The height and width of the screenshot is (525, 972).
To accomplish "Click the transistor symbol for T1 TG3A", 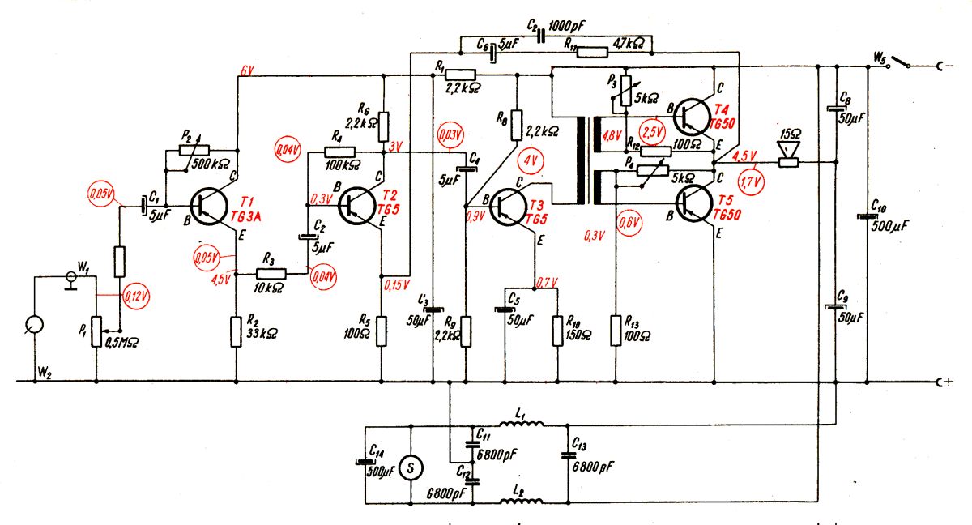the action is click(x=209, y=207).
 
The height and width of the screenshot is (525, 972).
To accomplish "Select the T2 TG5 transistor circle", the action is click(x=357, y=206).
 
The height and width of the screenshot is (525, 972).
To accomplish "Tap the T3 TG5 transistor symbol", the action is click(x=508, y=207).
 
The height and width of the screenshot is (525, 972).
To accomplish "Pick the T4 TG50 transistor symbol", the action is click(x=693, y=117).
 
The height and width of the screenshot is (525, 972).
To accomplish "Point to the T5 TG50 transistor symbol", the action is click(x=694, y=203).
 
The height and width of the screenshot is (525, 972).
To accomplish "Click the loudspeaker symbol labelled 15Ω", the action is click(x=788, y=154).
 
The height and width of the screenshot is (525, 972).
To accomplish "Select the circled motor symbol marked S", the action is click(x=411, y=468).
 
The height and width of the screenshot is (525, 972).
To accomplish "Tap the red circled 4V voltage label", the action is click(x=531, y=161).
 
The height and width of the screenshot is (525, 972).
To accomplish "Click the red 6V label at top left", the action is click(x=247, y=70).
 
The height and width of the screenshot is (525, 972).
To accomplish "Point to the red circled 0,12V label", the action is click(x=136, y=297).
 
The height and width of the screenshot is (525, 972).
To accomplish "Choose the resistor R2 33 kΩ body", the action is click(x=236, y=332).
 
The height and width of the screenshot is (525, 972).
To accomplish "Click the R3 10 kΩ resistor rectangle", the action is click(x=271, y=274).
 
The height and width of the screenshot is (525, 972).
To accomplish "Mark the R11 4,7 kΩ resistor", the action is click(x=593, y=53).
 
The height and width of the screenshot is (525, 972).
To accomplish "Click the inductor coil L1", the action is click(x=521, y=424).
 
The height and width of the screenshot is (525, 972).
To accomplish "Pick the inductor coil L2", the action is click(x=521, y=501).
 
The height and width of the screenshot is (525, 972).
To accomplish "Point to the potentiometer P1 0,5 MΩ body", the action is click(x=96, y=332).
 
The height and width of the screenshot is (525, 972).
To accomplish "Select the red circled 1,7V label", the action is click(x=751, y=182).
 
